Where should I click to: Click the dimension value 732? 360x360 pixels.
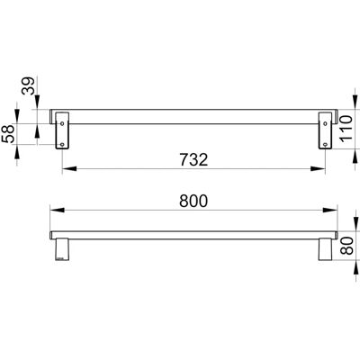pyautogui.click(x=193, y=159)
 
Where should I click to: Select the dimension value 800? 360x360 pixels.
pyautogui.click(x=193, y=201)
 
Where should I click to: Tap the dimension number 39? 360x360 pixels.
pyautogui.click(x=30, y=86)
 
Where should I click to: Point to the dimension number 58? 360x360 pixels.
pyautogui.click(x=8, y=134)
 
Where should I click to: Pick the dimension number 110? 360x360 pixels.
pyautogui.click(x=346, y=129)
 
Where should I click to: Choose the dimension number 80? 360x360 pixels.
pyautogui.click(x=347, y=246)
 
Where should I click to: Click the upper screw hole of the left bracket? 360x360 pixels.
pyautogui.click(x=62, y=123)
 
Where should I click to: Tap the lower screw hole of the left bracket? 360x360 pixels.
pyautogui.click(x=62, y=145)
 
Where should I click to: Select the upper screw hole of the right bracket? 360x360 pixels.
pyautogui.click(x=325, y=123)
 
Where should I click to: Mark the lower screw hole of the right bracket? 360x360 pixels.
pyautogui.click(x=325, y=145)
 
